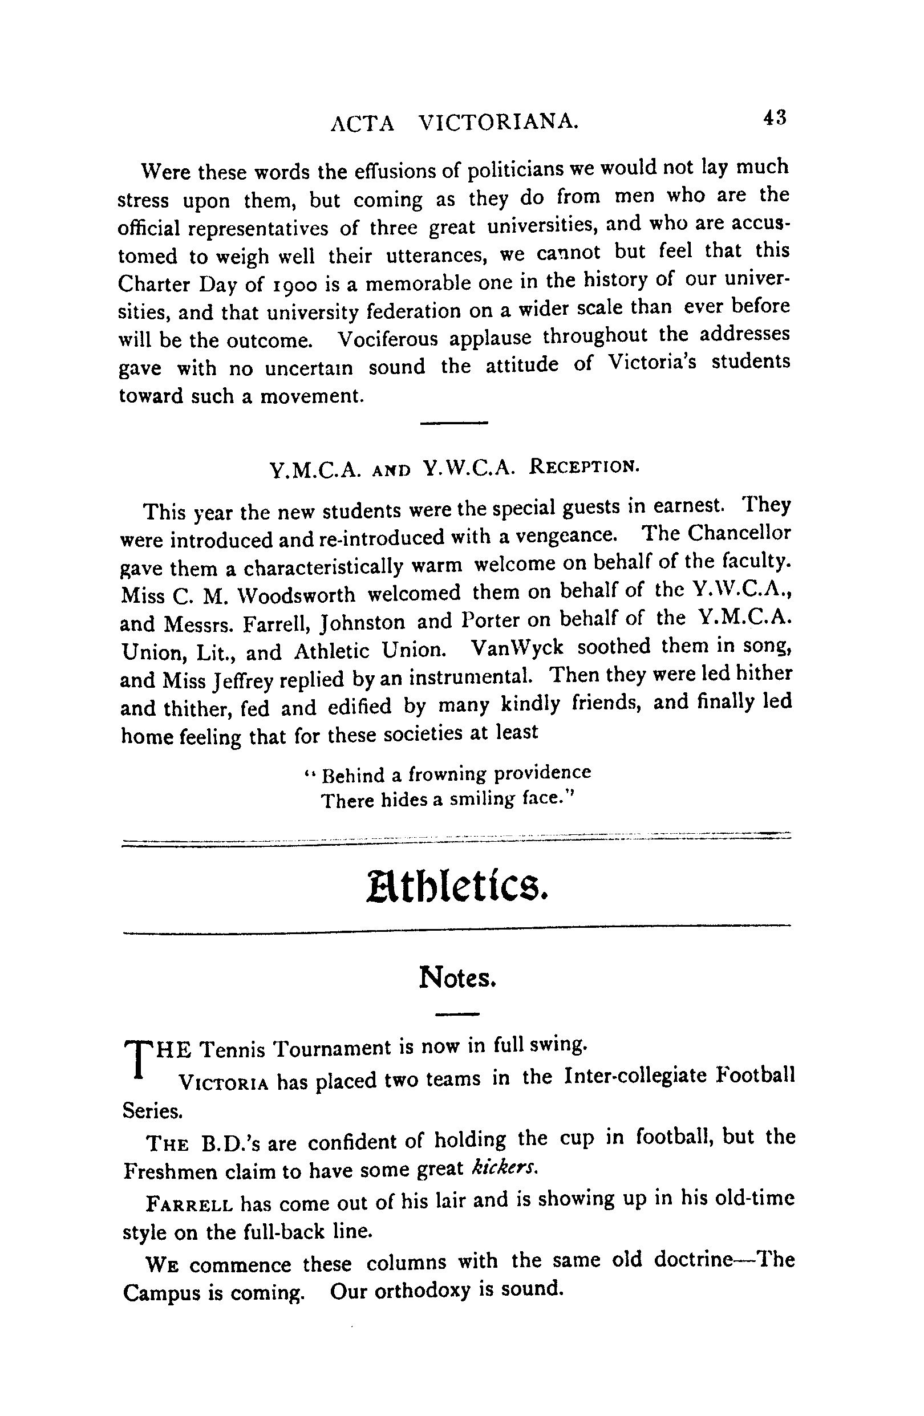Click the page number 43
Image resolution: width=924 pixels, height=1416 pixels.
click(x=774, y=118)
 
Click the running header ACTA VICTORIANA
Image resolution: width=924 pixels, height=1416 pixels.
click(x=454, y=122)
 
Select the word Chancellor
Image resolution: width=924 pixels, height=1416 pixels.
click(x=739, y=533)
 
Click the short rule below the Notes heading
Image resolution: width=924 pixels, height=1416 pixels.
click(x=457, y=1015)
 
